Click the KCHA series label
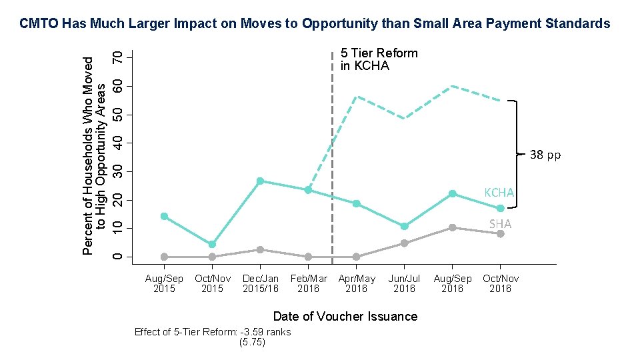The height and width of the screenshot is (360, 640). [x=499, y=193]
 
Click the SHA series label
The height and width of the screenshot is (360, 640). [x=500, y=224]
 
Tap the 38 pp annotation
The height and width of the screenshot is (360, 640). [x=545, y=155]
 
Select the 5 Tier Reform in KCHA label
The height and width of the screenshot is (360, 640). [x=379, y=59]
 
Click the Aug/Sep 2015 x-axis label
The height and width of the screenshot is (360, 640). [x=164, y=283]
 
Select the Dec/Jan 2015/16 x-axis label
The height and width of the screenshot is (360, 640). [x=261, y=283]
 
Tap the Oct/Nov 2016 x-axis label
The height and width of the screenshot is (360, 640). [x=500, y=283]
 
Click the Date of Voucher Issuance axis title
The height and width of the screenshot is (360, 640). [x=345, y=316]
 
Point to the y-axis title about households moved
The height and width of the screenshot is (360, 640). [x=94, y=155]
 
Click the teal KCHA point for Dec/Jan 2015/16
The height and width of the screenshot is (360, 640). [x=260, y=181]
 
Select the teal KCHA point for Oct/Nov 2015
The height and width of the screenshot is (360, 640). [x=212, y=245]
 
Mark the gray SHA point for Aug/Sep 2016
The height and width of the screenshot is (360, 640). [x=452, y=227]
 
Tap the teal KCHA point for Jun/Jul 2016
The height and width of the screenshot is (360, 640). [x=404, y=227]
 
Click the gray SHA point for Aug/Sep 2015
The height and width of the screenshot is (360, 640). [x=164, y=257]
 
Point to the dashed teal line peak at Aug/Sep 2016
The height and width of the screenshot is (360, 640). [x=452, y=86]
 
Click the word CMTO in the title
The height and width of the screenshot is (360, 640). [x=39, y=24]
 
